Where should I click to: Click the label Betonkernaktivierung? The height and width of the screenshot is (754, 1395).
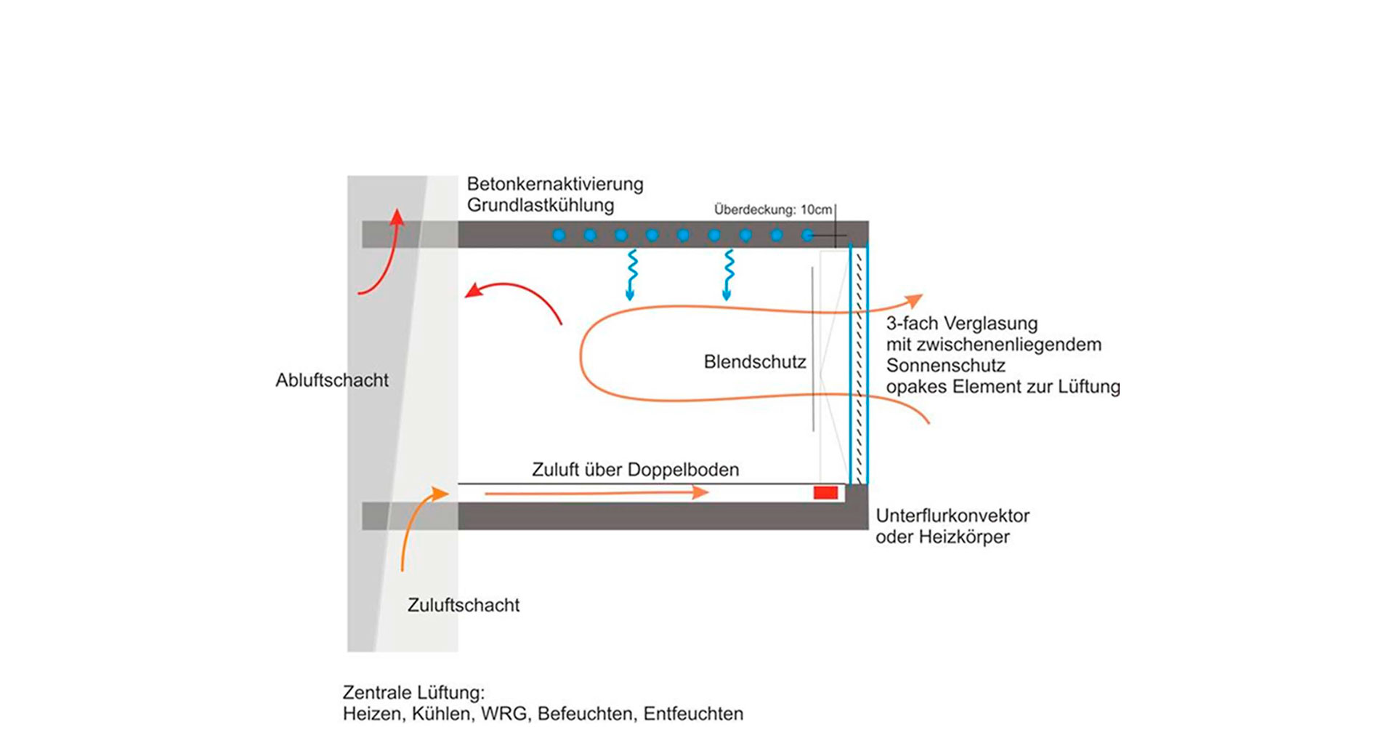point(554,184)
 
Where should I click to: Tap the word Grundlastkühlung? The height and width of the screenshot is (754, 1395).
point(540,205)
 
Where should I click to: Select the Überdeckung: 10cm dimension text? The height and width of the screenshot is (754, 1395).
point(772,210)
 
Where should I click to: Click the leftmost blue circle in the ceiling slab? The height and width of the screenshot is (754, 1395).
point(559,235)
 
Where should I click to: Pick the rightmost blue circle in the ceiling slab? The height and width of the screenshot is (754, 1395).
point(807,235)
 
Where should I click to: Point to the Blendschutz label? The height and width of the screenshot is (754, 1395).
point(754,362)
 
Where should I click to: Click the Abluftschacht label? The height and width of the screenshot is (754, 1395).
point(331,380)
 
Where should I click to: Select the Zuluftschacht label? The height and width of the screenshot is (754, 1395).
point(463,605)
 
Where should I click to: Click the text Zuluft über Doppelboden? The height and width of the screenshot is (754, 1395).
point(635,470)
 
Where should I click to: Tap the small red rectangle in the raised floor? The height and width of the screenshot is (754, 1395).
point(825,493)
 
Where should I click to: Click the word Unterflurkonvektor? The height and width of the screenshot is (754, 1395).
point(952,516)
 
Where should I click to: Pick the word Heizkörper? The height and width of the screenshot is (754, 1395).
point(963,537)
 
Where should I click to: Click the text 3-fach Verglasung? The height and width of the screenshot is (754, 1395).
point(961,324)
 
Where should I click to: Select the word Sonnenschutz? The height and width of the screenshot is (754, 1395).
point(945,366)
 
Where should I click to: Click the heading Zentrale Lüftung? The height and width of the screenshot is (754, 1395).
point(413,692)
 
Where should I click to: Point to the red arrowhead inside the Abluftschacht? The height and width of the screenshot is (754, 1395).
point(397,217)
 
